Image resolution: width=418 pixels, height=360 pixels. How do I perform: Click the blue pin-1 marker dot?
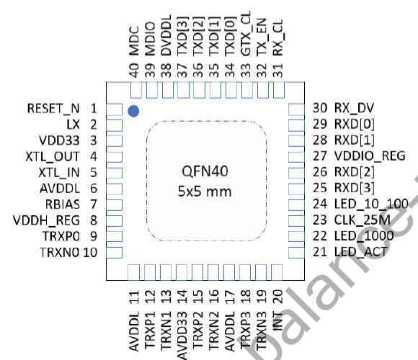click(133, 111)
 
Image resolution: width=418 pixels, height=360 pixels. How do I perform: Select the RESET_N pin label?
click(53, 109)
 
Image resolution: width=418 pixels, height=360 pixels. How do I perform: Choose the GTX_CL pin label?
click(247, 42)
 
